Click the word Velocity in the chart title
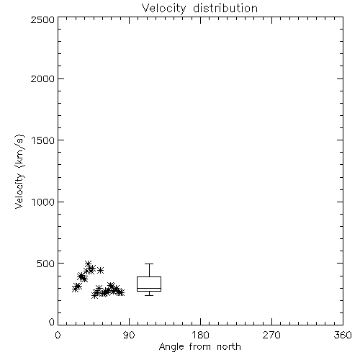[x=164, y=9]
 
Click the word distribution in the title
[x=225, y=8]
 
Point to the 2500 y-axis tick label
[x=42, y=19]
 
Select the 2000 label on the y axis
[x=42, y=78]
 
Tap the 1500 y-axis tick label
[x=43, y=140]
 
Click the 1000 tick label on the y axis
[x=43, y=202]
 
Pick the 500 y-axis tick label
[x=46, y=264]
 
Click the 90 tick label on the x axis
[x=129, y=335]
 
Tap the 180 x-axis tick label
[x=200, y=335]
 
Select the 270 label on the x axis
[x=271, y=335]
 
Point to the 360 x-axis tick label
[x=343, y=335]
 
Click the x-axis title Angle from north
[x=200, y=347]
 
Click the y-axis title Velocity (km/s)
[x=19, y=171]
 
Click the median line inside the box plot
[x=149, y=288]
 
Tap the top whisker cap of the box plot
[x=149, y=264]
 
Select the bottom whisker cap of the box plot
[x=149, y=295]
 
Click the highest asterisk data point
[x=88, y=264]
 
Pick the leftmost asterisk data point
[x=75, y=289]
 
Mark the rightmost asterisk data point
[x=122, y=292]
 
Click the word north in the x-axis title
[x=229, y=346]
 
